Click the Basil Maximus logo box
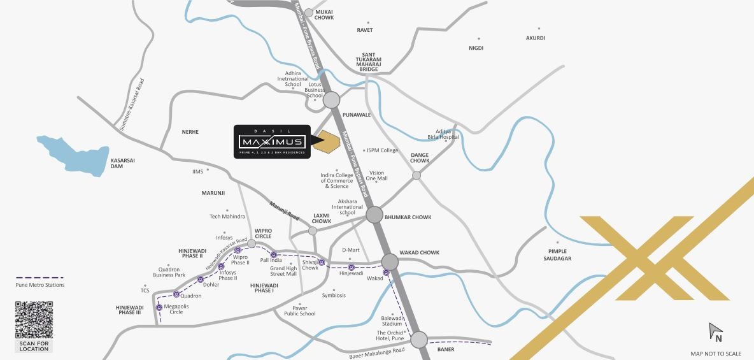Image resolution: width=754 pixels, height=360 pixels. pyautogui.click(x=271, y=141)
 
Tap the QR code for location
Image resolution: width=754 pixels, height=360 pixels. pyautogui.click(x=34, y=320)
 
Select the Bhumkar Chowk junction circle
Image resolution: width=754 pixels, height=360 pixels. pyautogui.click(x=374, y=215)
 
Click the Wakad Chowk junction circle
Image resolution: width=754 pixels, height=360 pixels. pyautogui.click(x=390, y=262)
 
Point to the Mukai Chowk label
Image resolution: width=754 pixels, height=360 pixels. pyautogui.click(x=324, y=15)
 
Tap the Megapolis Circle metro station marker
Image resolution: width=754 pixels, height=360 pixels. pyautogui.click(x=159, y=308)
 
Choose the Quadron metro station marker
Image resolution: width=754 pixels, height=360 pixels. pyautogui.click(x=176, y=294)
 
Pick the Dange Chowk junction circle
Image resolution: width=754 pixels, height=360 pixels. pyautogui.click(x=416, y=175)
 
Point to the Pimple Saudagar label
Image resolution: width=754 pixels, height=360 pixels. pyautogui.click(x=557, y=255)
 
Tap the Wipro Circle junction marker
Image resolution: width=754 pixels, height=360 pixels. pyautogui.click(x=252, y=243)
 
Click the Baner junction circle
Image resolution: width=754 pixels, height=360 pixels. pyautogui.click(x=418, y=340)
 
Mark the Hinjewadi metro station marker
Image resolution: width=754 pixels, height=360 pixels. pyautogui.click(x=351, y=267)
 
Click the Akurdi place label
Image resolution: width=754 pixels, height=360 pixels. pyautogui.click(x=535, y=38)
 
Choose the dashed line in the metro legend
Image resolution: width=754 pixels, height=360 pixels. pyautogui.click(x=39, y=278)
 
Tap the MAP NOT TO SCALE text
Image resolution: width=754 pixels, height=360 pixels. pyautogui.click(x=716, y=354)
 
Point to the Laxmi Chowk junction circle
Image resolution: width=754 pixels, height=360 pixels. pyautogui.click(x=313, y=231)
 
